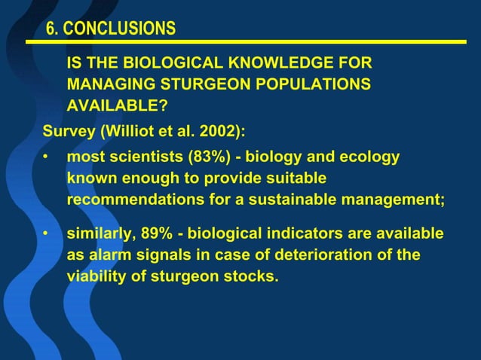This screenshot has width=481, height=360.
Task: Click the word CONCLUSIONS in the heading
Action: click(x=118, y=29)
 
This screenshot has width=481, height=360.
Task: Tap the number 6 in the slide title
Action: click(x=51, y=29)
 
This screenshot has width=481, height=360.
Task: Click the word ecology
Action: click(x=369, y=158)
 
